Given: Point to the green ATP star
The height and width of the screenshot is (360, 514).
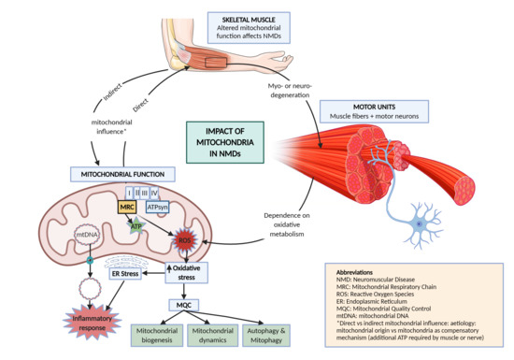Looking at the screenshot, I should pos(138,224).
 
